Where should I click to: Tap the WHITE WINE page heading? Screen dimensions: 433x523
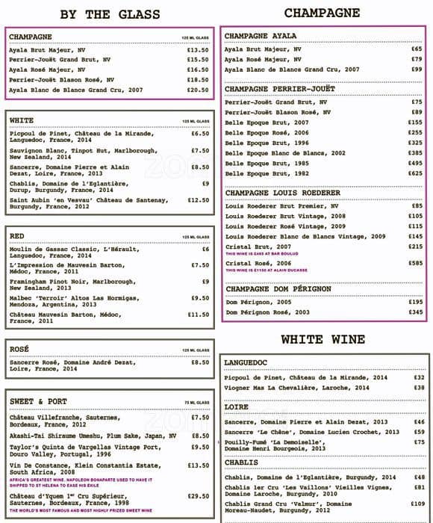322,341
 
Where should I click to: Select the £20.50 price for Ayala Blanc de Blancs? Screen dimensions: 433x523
198,90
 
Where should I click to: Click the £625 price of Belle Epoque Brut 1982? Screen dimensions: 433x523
415,173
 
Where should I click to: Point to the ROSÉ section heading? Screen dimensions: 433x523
20,349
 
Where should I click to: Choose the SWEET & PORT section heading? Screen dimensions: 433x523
38,401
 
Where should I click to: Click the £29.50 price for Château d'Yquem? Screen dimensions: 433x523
198,496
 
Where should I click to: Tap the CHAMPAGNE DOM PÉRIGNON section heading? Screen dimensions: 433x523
280,289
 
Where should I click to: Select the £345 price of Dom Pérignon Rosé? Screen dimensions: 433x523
415,312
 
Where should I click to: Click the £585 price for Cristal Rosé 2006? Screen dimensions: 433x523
415,264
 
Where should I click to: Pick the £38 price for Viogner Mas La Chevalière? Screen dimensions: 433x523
419,388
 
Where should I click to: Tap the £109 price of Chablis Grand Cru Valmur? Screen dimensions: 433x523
417,504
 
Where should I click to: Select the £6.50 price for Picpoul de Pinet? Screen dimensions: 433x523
200,134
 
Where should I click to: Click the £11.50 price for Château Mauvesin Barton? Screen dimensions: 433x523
198,315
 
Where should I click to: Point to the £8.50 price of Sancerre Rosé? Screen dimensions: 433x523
200,362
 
